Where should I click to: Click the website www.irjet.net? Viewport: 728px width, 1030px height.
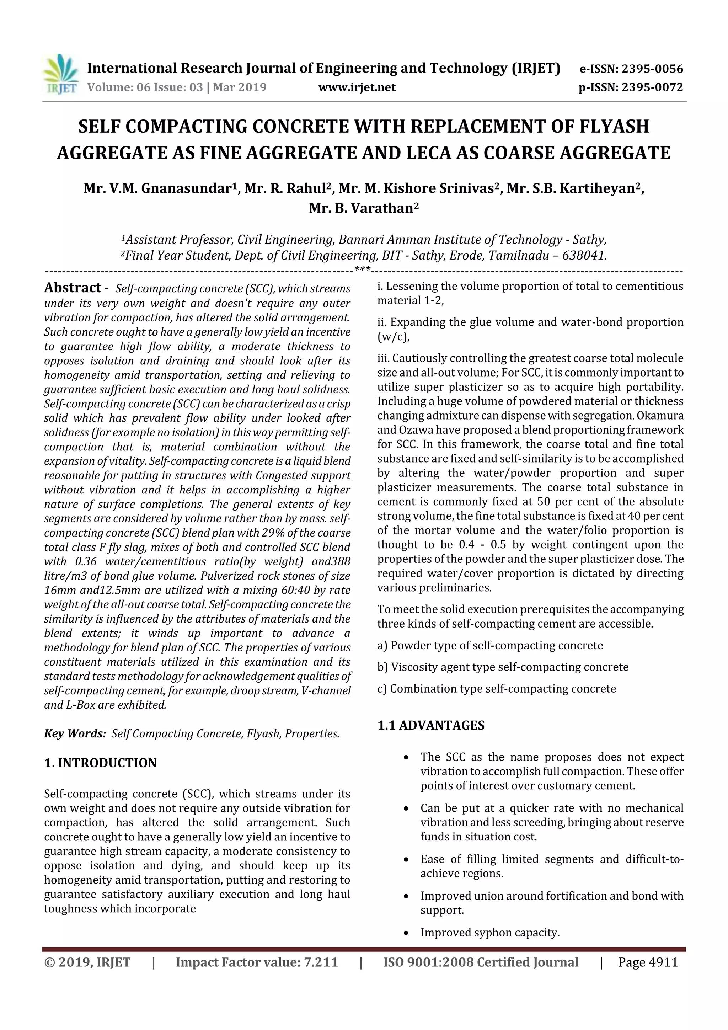pos(357,87)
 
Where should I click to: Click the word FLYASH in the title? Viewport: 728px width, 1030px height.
pos(614,127)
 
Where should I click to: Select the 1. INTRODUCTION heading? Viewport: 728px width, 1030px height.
pos(101,763)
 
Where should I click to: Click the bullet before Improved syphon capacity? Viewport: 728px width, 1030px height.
pos(406,933)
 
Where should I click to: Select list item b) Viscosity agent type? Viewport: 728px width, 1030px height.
pos(502,667)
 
